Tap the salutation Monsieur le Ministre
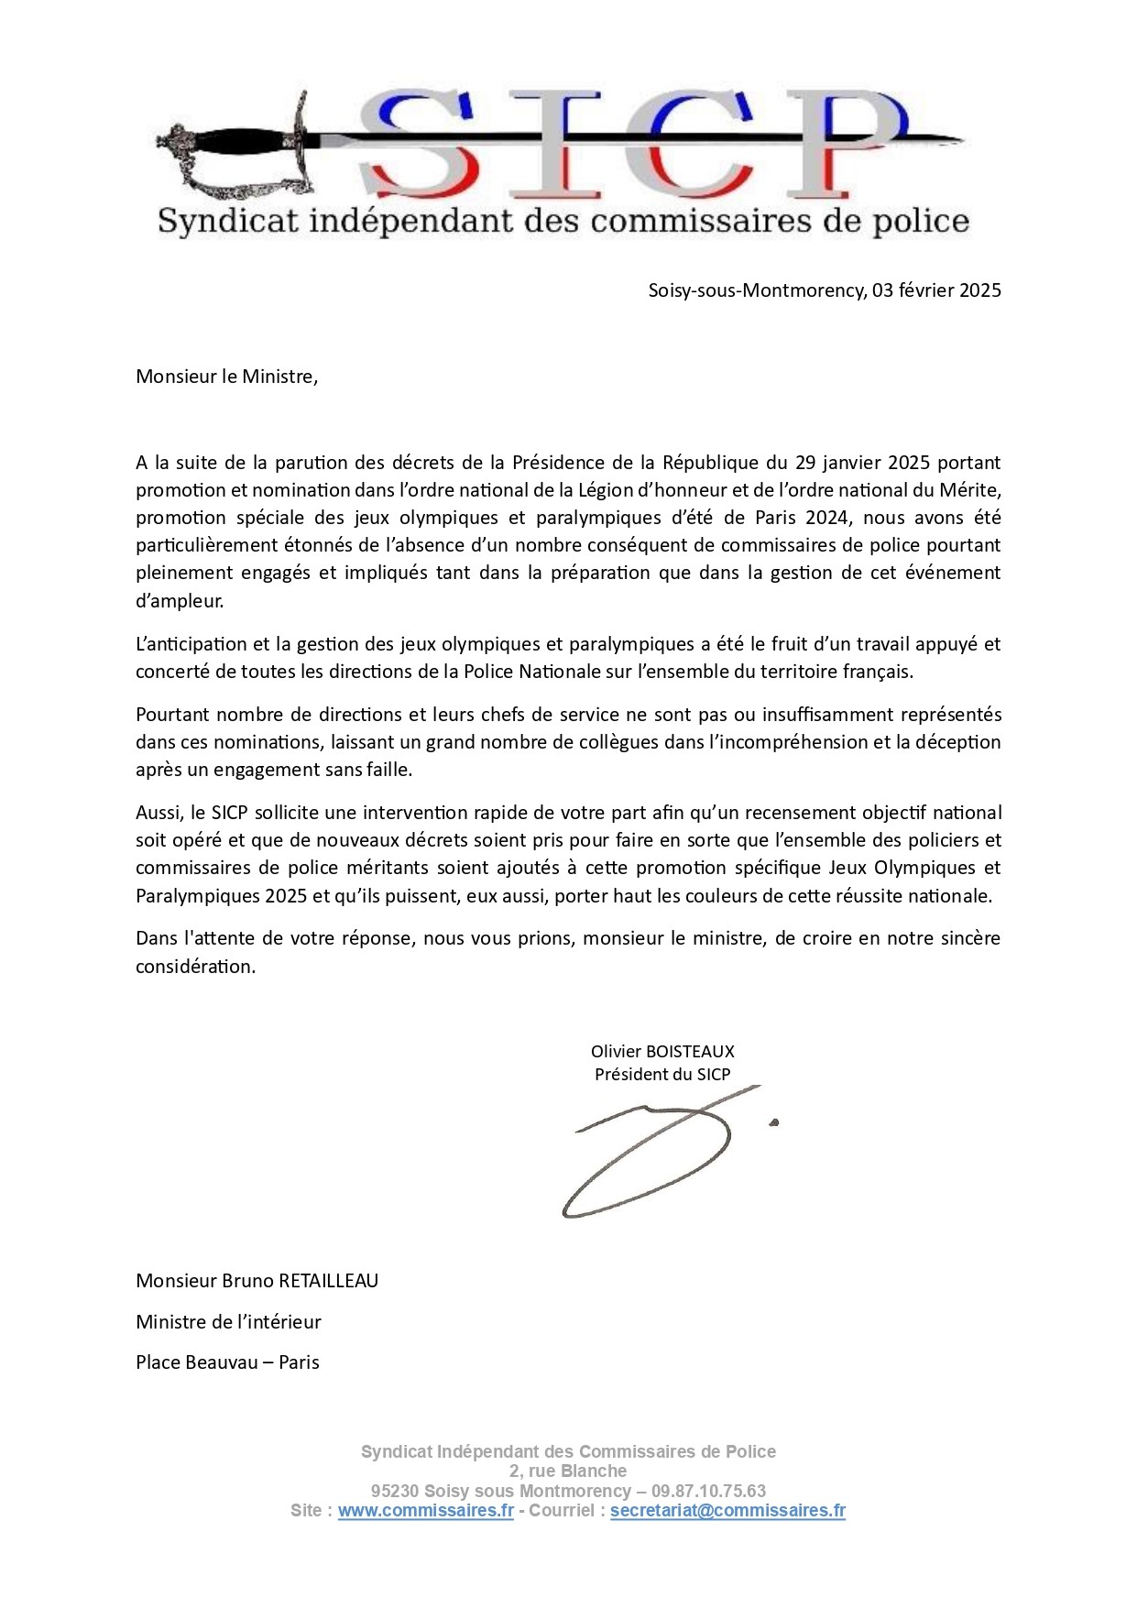coord(226,377)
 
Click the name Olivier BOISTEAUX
coord(662,1051)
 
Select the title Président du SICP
coord(662,1074)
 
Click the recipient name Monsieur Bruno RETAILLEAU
coord(257,1281)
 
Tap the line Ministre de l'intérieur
coord(228,1321)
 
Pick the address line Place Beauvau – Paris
coord(227,1362)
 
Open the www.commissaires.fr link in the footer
coord(425,1511)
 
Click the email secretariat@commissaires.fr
coord(727,1511)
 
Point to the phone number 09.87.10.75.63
coord(708,1491)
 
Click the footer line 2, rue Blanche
coord(568,1471)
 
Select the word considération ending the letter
coord(195,967)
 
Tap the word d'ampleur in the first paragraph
coord(179,601)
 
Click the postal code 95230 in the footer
coord(395,1491)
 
